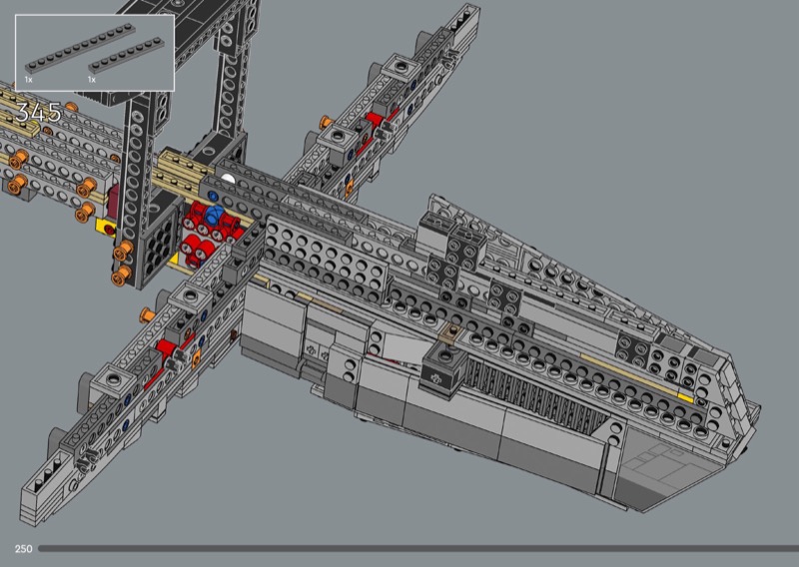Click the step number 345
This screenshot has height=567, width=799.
pos(39,112)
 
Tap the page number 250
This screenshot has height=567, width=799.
pos(23,549)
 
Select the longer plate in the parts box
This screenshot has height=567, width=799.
pos(81,48)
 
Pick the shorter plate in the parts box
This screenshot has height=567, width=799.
pos(127,56)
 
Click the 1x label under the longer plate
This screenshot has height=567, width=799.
pos(29,80)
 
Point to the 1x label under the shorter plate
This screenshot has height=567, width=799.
pos(92,80)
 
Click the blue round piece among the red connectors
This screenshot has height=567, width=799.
pos(214,215)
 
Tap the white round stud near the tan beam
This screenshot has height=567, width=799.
pos(228,179)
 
